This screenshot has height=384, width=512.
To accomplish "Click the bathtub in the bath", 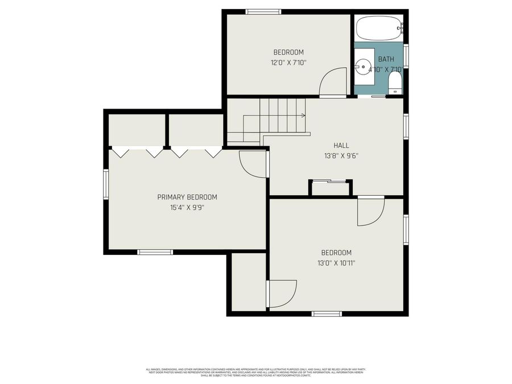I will [x=379, y=27].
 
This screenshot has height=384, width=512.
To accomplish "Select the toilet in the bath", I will [x=395, y=85].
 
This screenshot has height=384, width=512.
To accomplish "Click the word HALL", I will [x=341, y=146].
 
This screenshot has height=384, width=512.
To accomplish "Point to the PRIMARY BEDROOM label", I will [x=187, y=197].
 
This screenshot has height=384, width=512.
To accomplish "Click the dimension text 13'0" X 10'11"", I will [x=336, y=263].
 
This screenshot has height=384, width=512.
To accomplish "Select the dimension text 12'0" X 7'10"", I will [x=288, y=63].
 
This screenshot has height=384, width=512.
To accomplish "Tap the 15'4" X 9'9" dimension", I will [x=187, y=208].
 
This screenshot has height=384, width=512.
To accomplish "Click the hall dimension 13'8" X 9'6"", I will [x=341, y=156].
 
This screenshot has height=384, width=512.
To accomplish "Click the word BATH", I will [x=386, y=59].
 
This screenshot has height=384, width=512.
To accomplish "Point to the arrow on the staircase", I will [x=303, y=115].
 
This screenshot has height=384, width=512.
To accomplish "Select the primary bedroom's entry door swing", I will [x=252, y=164].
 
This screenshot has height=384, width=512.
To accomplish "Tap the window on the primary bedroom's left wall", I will [x=106, y=184].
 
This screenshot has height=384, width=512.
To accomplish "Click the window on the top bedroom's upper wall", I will [x=263, y=11].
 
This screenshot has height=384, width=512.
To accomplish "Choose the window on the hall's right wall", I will [x=406, y=126].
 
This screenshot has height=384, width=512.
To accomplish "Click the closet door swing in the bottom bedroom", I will [x=282, y=293].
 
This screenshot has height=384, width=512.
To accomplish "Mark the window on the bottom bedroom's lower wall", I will [x=327, y=313].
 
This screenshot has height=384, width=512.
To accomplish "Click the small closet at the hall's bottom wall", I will [x=331, y=189].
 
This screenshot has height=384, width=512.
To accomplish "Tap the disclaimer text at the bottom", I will [x=255, y=372].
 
